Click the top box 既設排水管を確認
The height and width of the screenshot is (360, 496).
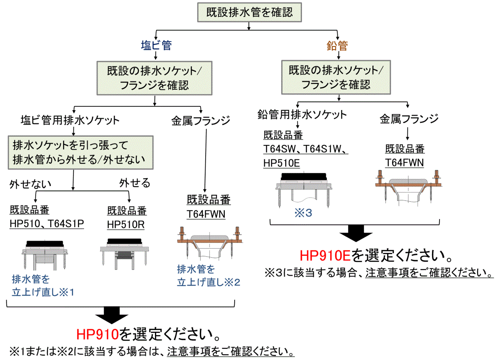tap(249, 12)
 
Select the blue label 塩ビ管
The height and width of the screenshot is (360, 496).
tap(156, 45)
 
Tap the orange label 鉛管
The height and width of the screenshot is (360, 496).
tap(337, 45)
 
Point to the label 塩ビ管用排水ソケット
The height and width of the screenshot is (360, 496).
tap(70, 121)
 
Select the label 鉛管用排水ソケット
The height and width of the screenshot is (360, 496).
tap(301, 114)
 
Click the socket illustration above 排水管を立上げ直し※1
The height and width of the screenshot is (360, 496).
tap(44, 254)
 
